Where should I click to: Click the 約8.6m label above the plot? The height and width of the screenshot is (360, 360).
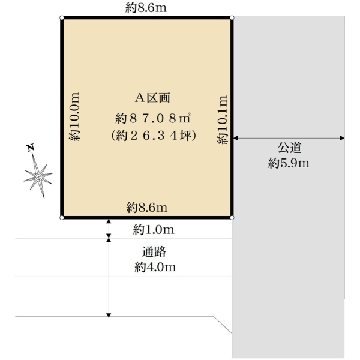point(146,8)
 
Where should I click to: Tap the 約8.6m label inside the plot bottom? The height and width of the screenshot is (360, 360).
point(147,208)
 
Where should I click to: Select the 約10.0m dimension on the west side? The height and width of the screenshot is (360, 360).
point(74,116)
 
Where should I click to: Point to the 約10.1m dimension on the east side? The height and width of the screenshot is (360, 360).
point(222,119)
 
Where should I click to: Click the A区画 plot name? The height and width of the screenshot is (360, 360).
point(152,98)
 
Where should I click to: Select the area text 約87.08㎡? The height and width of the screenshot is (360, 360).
point(153,118)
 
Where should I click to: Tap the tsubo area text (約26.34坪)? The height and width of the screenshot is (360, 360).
point(154,136)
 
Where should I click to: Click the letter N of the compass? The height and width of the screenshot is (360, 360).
point(31,148)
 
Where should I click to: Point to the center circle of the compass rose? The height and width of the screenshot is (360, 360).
point(38,177)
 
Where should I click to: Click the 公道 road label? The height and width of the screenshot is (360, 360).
point(289,148)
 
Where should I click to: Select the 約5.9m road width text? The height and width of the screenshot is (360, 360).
point(289,163)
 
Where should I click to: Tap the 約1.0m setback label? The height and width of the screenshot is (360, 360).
point(154,230)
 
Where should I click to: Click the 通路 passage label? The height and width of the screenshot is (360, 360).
point(154,251)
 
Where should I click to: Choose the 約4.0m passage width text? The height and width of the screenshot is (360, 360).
point(155,267)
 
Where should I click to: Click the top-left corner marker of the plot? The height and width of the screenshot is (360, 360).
point(62,17)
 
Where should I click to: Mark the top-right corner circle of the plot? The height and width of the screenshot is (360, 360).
point(232,17)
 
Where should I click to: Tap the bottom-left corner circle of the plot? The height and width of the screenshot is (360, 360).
point(62,218)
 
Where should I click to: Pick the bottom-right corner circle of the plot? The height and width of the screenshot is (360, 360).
point(232,218)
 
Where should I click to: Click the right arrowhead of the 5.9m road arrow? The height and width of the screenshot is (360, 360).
point(343,138)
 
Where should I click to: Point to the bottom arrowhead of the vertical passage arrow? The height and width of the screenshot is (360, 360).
point(109,315)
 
